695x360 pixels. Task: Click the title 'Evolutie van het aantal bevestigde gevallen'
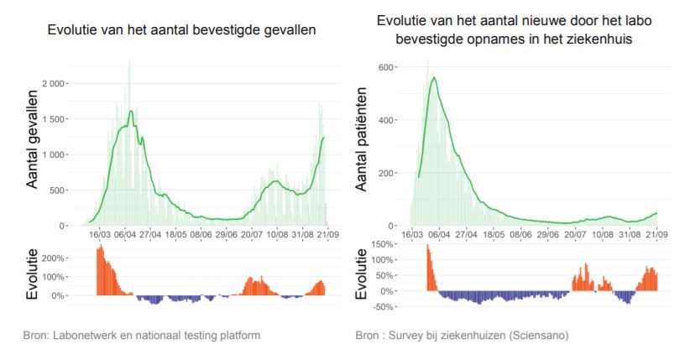click(x=181, y=31)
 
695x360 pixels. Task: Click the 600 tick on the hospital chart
click(x=386, y=67)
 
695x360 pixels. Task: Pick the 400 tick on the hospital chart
click(x=386, y=120)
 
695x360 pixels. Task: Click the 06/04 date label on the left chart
click(x=125, y=235)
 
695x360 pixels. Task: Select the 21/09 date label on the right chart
click(x=657, y=235)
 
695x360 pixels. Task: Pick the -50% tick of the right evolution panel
click(x=383, y=307)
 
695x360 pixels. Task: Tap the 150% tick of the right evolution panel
click(x=383, y=244)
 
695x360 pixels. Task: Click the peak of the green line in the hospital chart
click(x=434, y=77)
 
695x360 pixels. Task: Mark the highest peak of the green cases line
click(x=131, y=111)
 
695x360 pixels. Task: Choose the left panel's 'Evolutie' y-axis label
click(x=34, y=273)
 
